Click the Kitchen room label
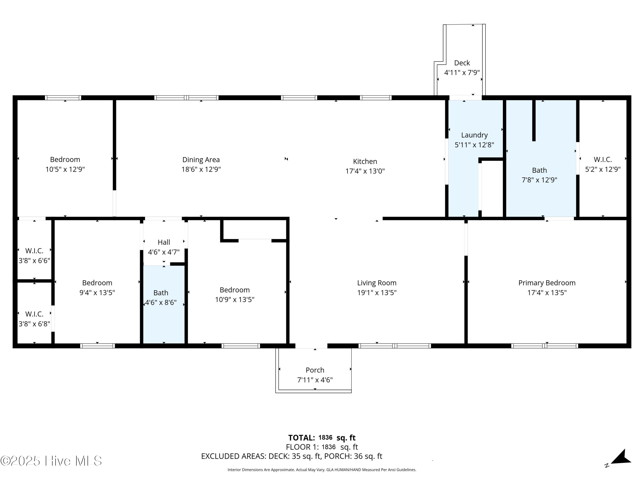click(x=365, y=161)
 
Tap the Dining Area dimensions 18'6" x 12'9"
click(x=201, y=169)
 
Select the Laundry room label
click(x=474, y=135)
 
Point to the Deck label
click(x=462, y=63)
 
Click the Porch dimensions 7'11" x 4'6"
click(x=315, y=380)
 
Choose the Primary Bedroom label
click(x=547, y=283)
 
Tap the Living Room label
click(x=377, y=283)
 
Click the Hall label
click(x=164, y=242)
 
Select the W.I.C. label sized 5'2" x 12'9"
click(x=603, y=159)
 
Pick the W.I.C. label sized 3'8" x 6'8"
click(x=34, y=314)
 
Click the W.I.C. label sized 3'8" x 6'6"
click(x=34, y=251)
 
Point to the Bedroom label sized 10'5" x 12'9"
click(x=65, y=159)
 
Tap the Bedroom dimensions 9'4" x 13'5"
click(x=97, y=293)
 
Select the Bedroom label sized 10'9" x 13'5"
click(x=234, y=290)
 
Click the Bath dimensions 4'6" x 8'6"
click(x=161, y=302)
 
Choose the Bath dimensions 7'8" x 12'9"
click(x=539, y=180)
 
